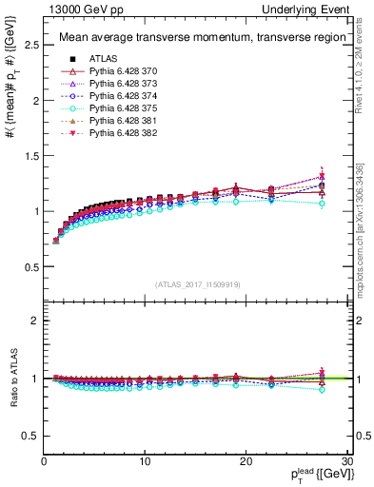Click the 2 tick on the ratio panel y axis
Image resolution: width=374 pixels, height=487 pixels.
point(34,321)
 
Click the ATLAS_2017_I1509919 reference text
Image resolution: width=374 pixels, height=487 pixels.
point(197,283)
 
